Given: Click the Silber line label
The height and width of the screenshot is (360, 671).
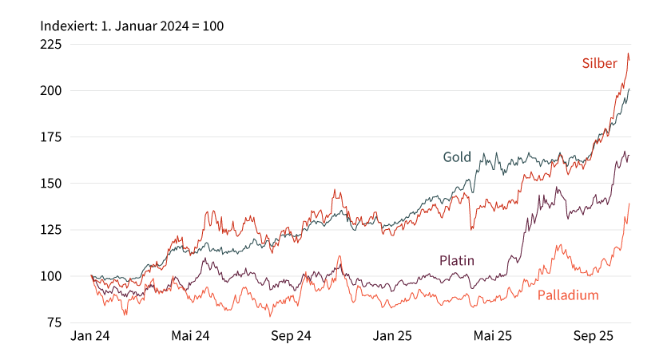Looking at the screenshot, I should [599, 63].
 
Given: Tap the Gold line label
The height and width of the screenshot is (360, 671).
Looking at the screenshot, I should [457, 156].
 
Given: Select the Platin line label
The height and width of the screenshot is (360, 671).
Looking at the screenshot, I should [457, 260].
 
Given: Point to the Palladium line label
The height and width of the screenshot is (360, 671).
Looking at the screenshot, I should [567, 295].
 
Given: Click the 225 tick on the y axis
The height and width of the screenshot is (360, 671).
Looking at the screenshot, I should [51, 45].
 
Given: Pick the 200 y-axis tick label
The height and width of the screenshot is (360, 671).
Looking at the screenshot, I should [51, 91].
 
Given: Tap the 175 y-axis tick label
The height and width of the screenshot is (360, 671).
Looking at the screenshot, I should [51, 137].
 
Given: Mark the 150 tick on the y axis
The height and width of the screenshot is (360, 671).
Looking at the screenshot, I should [51, 184].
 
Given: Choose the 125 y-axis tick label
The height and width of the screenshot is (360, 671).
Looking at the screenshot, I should [51, 230].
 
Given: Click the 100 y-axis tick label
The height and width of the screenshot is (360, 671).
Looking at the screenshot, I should [51, 276].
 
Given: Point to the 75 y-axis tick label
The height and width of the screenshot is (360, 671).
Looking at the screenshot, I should [54, 322].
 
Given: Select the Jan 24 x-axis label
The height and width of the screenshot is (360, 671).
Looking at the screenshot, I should [90, 338].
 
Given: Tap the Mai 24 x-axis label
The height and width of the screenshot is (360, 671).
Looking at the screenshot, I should [190, 338].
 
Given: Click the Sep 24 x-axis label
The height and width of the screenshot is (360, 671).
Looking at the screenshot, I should [291, 338].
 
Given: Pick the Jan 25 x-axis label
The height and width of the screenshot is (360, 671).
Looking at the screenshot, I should [393, 338].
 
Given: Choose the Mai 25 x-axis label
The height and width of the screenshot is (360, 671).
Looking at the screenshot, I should [493, 338].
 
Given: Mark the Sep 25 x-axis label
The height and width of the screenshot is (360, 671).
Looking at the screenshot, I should [594, 338].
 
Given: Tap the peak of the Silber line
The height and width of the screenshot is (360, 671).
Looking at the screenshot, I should [628, 53].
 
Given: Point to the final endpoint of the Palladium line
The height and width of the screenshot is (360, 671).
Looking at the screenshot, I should [629, 203].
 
